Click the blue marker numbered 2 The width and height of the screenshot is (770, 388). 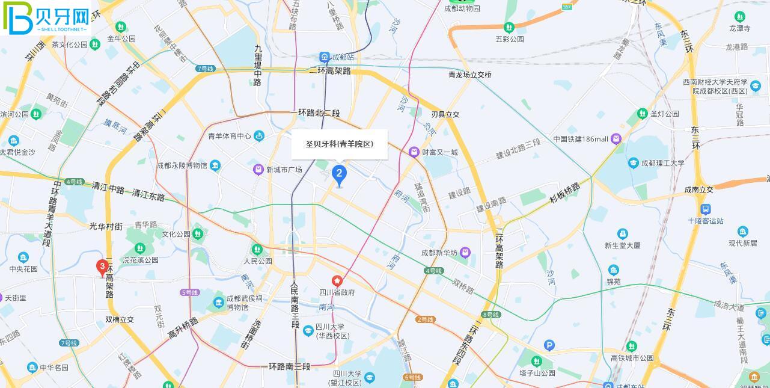[339, 174]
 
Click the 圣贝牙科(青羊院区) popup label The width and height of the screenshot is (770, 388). [340, 144]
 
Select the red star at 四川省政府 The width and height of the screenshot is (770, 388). [337, 281]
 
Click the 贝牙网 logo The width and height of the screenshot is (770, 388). [46, 18]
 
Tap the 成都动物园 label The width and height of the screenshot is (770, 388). [462, 8]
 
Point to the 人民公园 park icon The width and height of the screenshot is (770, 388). [257, 249]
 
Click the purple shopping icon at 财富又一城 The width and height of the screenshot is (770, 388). [414, 152]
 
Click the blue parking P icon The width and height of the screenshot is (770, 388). [549, 345]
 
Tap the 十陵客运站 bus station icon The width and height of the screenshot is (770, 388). [706, 209]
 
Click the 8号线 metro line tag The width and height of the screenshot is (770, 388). [490, 315]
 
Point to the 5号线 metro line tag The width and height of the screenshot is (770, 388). [189, 292]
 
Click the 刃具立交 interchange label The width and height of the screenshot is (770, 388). [445, 114]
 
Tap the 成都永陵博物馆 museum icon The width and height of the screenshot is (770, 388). [215, 165]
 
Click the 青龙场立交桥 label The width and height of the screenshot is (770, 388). [470, 75]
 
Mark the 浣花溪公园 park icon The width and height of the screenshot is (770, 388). [140, 248]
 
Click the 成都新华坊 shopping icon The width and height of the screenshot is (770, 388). [465, 253]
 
